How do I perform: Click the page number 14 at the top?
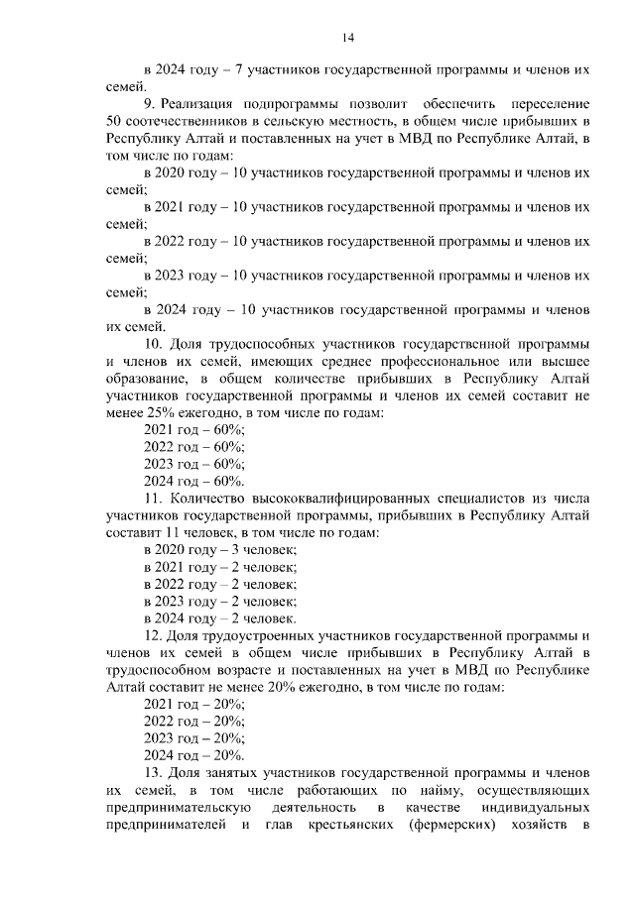(348, 38)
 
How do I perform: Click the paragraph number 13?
(153, 771)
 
